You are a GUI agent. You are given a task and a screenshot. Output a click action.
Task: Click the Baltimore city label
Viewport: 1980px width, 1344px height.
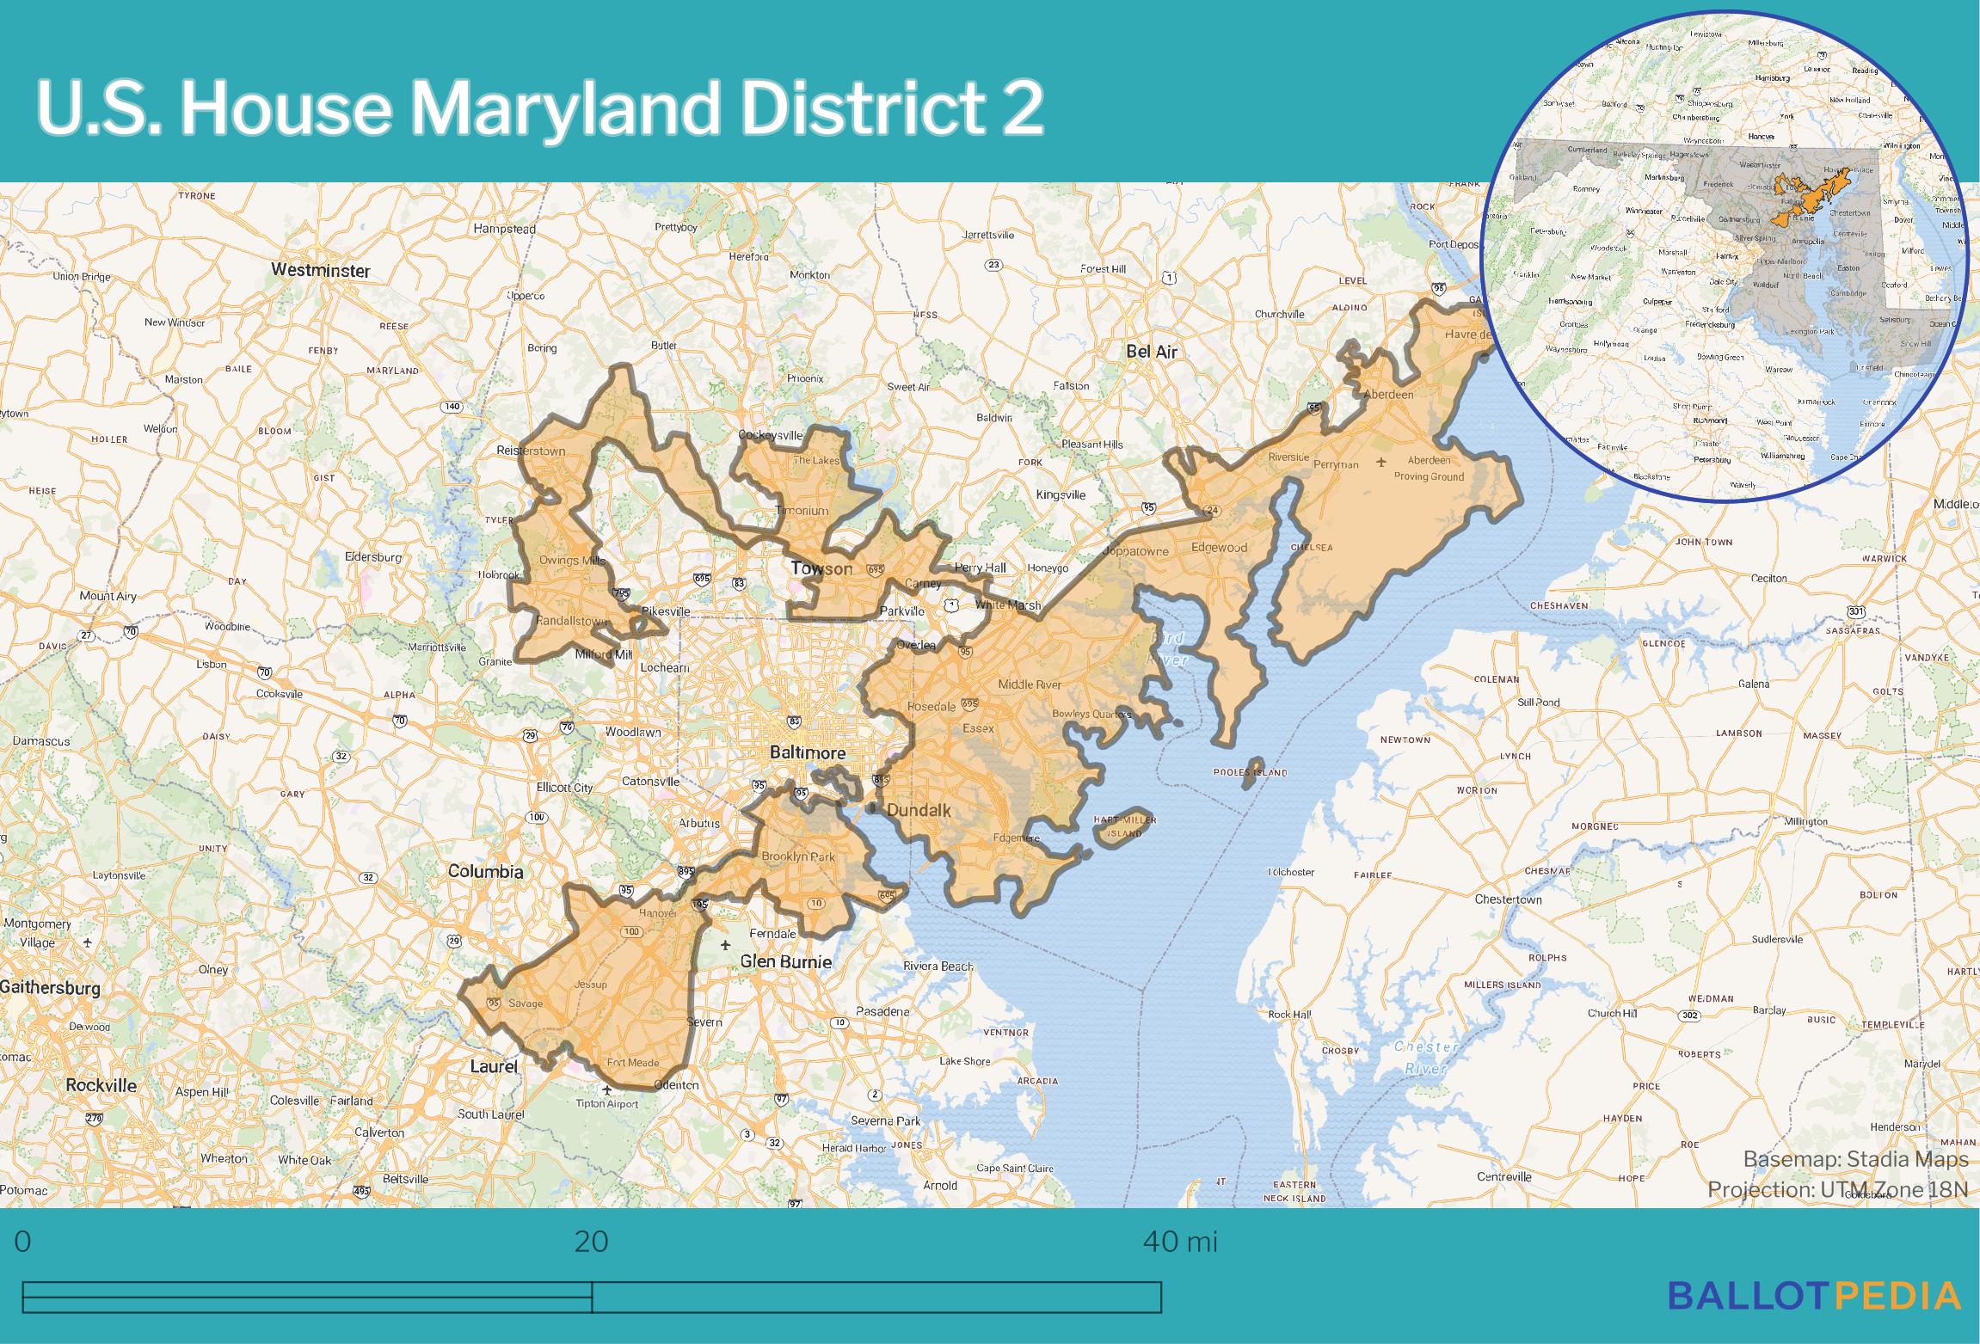coord(807,752)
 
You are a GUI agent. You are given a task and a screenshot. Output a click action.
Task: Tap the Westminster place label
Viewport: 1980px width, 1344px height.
coord(320,270)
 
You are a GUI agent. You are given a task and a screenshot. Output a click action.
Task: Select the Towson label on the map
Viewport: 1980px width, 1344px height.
coord(821,568)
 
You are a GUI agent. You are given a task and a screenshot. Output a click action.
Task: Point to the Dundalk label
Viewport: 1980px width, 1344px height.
coord(918,810)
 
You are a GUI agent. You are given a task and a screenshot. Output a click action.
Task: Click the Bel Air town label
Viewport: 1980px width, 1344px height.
coord(1152,352)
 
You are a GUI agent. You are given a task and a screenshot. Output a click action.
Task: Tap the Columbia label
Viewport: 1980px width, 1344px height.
coord(485,871)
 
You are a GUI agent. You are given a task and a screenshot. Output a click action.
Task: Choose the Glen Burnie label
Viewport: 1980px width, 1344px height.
coord(786,961)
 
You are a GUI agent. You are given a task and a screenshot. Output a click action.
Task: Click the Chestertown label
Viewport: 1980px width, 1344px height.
coord(1508,899)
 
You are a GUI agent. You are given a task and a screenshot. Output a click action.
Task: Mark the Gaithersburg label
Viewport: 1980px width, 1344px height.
coord(50,987)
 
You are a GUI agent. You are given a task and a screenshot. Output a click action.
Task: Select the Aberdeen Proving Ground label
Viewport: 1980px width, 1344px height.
coord(1428,468)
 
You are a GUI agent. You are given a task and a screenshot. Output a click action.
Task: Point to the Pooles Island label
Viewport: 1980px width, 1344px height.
coord(1250,772)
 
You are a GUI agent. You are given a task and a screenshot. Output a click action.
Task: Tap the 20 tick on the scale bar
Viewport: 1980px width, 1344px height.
coord(591,1242)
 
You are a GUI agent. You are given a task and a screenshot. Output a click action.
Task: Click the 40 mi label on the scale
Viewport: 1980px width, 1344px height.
coord(1180,1242)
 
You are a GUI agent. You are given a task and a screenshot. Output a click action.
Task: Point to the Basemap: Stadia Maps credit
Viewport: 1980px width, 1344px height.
coord(1855,1159)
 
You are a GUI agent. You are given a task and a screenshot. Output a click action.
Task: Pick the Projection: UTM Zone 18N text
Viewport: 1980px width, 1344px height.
coord(1837,1189)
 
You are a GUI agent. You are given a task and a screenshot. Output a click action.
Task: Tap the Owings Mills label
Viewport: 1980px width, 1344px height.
coord(572,561)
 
